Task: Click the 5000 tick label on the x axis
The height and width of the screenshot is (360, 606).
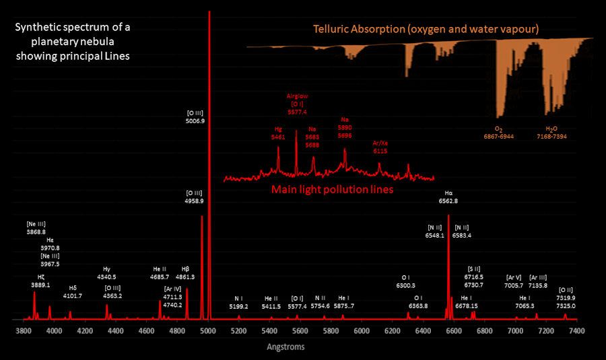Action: pos(208,330)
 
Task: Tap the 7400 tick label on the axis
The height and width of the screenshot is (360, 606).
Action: pos(576,330)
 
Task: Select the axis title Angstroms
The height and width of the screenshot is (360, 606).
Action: pos(286,347)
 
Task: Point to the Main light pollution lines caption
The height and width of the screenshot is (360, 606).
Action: pos(332,190)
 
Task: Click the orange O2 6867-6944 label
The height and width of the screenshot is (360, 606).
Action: pos(499,132)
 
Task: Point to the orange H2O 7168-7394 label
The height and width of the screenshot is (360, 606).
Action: pos(551,132)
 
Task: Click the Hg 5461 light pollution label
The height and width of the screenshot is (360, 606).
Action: pos(277,133)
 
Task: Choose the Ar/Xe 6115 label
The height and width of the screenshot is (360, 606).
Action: pos(380,147)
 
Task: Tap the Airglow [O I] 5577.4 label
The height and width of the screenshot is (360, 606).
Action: pos(297,104)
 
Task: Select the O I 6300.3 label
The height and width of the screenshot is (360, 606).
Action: pos(406,281)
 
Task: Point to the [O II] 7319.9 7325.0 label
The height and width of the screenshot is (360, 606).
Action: pos(567,301)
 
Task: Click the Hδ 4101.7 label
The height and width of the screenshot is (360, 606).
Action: pos(72,291)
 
